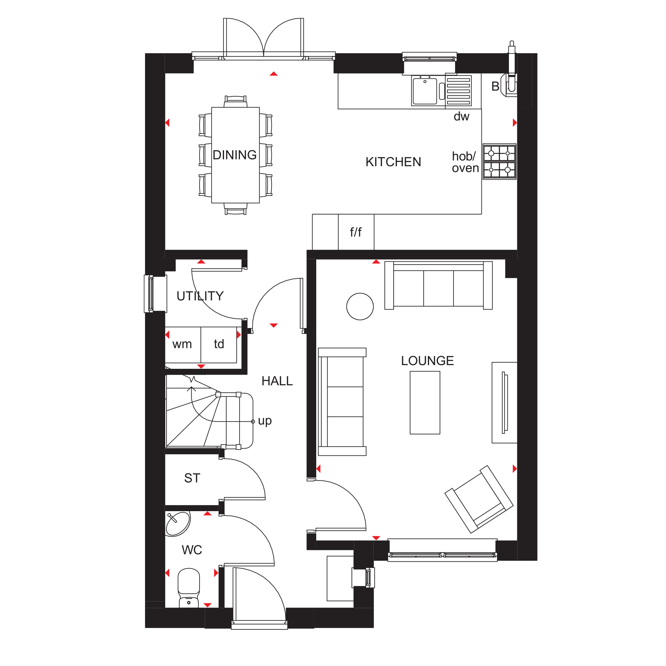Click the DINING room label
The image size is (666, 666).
(x=234, y=155)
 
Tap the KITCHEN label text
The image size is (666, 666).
(x=393, y=162)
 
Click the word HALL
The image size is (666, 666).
(x=277, y=381)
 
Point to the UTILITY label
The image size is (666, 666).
(x=200, y=296)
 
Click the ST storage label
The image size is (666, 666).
(x=192, y=478)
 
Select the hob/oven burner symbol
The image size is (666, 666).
(x=499, y=162)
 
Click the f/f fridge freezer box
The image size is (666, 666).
(x=356, y=232)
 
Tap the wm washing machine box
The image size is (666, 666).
(x=182, y=344)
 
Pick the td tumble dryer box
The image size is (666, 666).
(x=219, y=344)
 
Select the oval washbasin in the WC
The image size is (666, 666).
(x=178, y=524)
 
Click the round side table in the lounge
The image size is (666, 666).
(x=360, y=306)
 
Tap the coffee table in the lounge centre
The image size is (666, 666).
(x=425, y=403)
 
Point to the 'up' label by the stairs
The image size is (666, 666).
(x=265, y=421)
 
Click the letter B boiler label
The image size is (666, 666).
(x=495, y=87)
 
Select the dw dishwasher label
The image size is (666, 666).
(x=461, y=117)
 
